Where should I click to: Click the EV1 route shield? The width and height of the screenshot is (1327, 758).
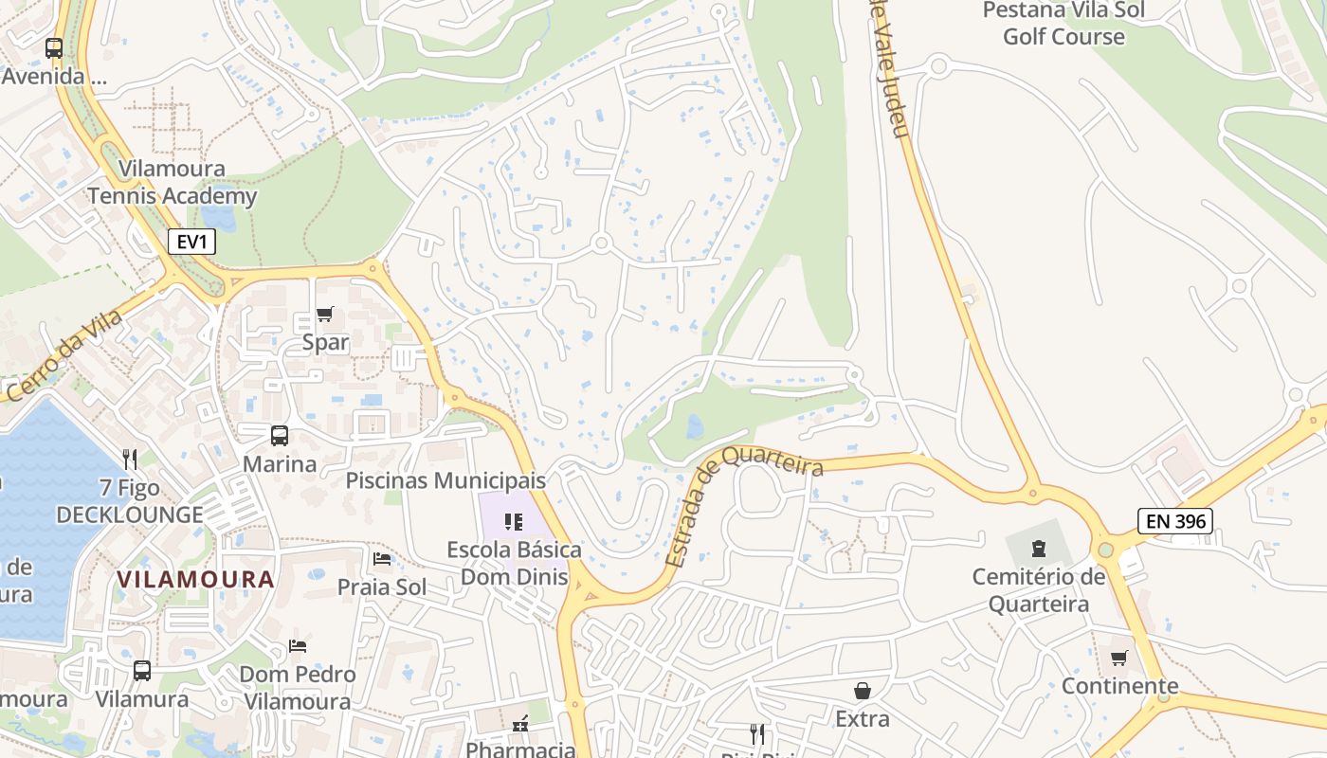click(192, 242)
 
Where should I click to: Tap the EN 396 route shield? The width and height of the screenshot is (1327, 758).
click(1175, 520)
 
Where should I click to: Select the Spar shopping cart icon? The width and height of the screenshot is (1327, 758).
click(325, 314)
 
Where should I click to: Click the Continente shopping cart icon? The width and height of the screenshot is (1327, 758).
click(1119, 658)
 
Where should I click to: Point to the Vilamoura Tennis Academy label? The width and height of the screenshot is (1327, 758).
click(173, 183)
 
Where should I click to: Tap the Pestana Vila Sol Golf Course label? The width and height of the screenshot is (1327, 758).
click(1063, 24)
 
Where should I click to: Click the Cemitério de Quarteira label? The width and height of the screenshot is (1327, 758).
click(1039, 590)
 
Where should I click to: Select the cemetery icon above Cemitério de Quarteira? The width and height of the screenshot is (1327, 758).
click(1039, 548)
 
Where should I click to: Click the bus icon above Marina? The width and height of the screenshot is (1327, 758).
click(280, 436)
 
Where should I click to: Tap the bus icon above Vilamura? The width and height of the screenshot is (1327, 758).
click(142, 671)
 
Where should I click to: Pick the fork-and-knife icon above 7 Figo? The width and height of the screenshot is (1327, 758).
click(130, 460)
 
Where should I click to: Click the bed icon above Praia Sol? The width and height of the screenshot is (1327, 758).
click(382, 558)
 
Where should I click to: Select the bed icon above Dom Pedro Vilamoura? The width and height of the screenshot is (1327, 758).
click(298, 646)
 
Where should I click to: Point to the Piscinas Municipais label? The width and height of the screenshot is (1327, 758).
click(445, 480)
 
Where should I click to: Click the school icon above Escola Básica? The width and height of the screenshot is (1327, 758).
click(514, 521)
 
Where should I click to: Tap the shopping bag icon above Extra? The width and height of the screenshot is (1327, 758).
click(863, 691)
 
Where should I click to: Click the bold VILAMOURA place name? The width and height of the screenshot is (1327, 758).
click(196, 579)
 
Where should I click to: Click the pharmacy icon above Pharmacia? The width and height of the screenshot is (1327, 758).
click(519, 725)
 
